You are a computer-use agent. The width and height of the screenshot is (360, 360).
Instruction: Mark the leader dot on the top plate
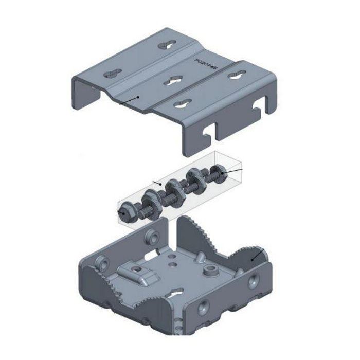pos(138,97)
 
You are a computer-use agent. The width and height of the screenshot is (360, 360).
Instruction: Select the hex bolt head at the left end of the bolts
pos(124,212)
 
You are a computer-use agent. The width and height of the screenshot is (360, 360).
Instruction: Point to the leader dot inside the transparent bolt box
pos(161,184)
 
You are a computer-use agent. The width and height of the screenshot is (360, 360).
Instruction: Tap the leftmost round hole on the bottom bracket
pos(103,263)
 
